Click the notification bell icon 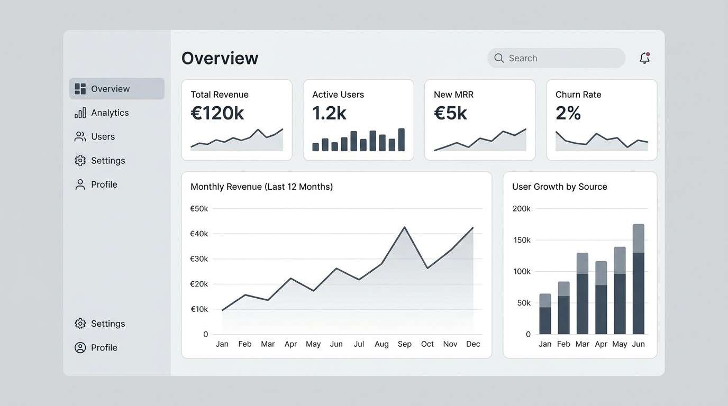coord(644,58)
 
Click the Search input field coord(556,58)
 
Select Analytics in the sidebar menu coord(110,113)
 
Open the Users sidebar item coord(103,136)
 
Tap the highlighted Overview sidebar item coord(116,89)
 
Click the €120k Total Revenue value coord(217,113)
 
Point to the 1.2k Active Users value coord(329,113)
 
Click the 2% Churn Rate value coord(568,113)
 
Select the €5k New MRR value coord(450,113)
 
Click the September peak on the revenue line coord(405,227)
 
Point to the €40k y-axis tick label coord(199,234)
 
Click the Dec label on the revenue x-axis coord(473,344)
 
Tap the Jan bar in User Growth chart coord(545,314)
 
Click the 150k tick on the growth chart coord(521,240)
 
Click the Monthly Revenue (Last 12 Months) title coord(261,187)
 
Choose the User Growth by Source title coord(559,187)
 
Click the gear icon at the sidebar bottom coord(80,324)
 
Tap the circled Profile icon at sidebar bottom coord(80,347)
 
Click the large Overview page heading coord(220,58)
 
